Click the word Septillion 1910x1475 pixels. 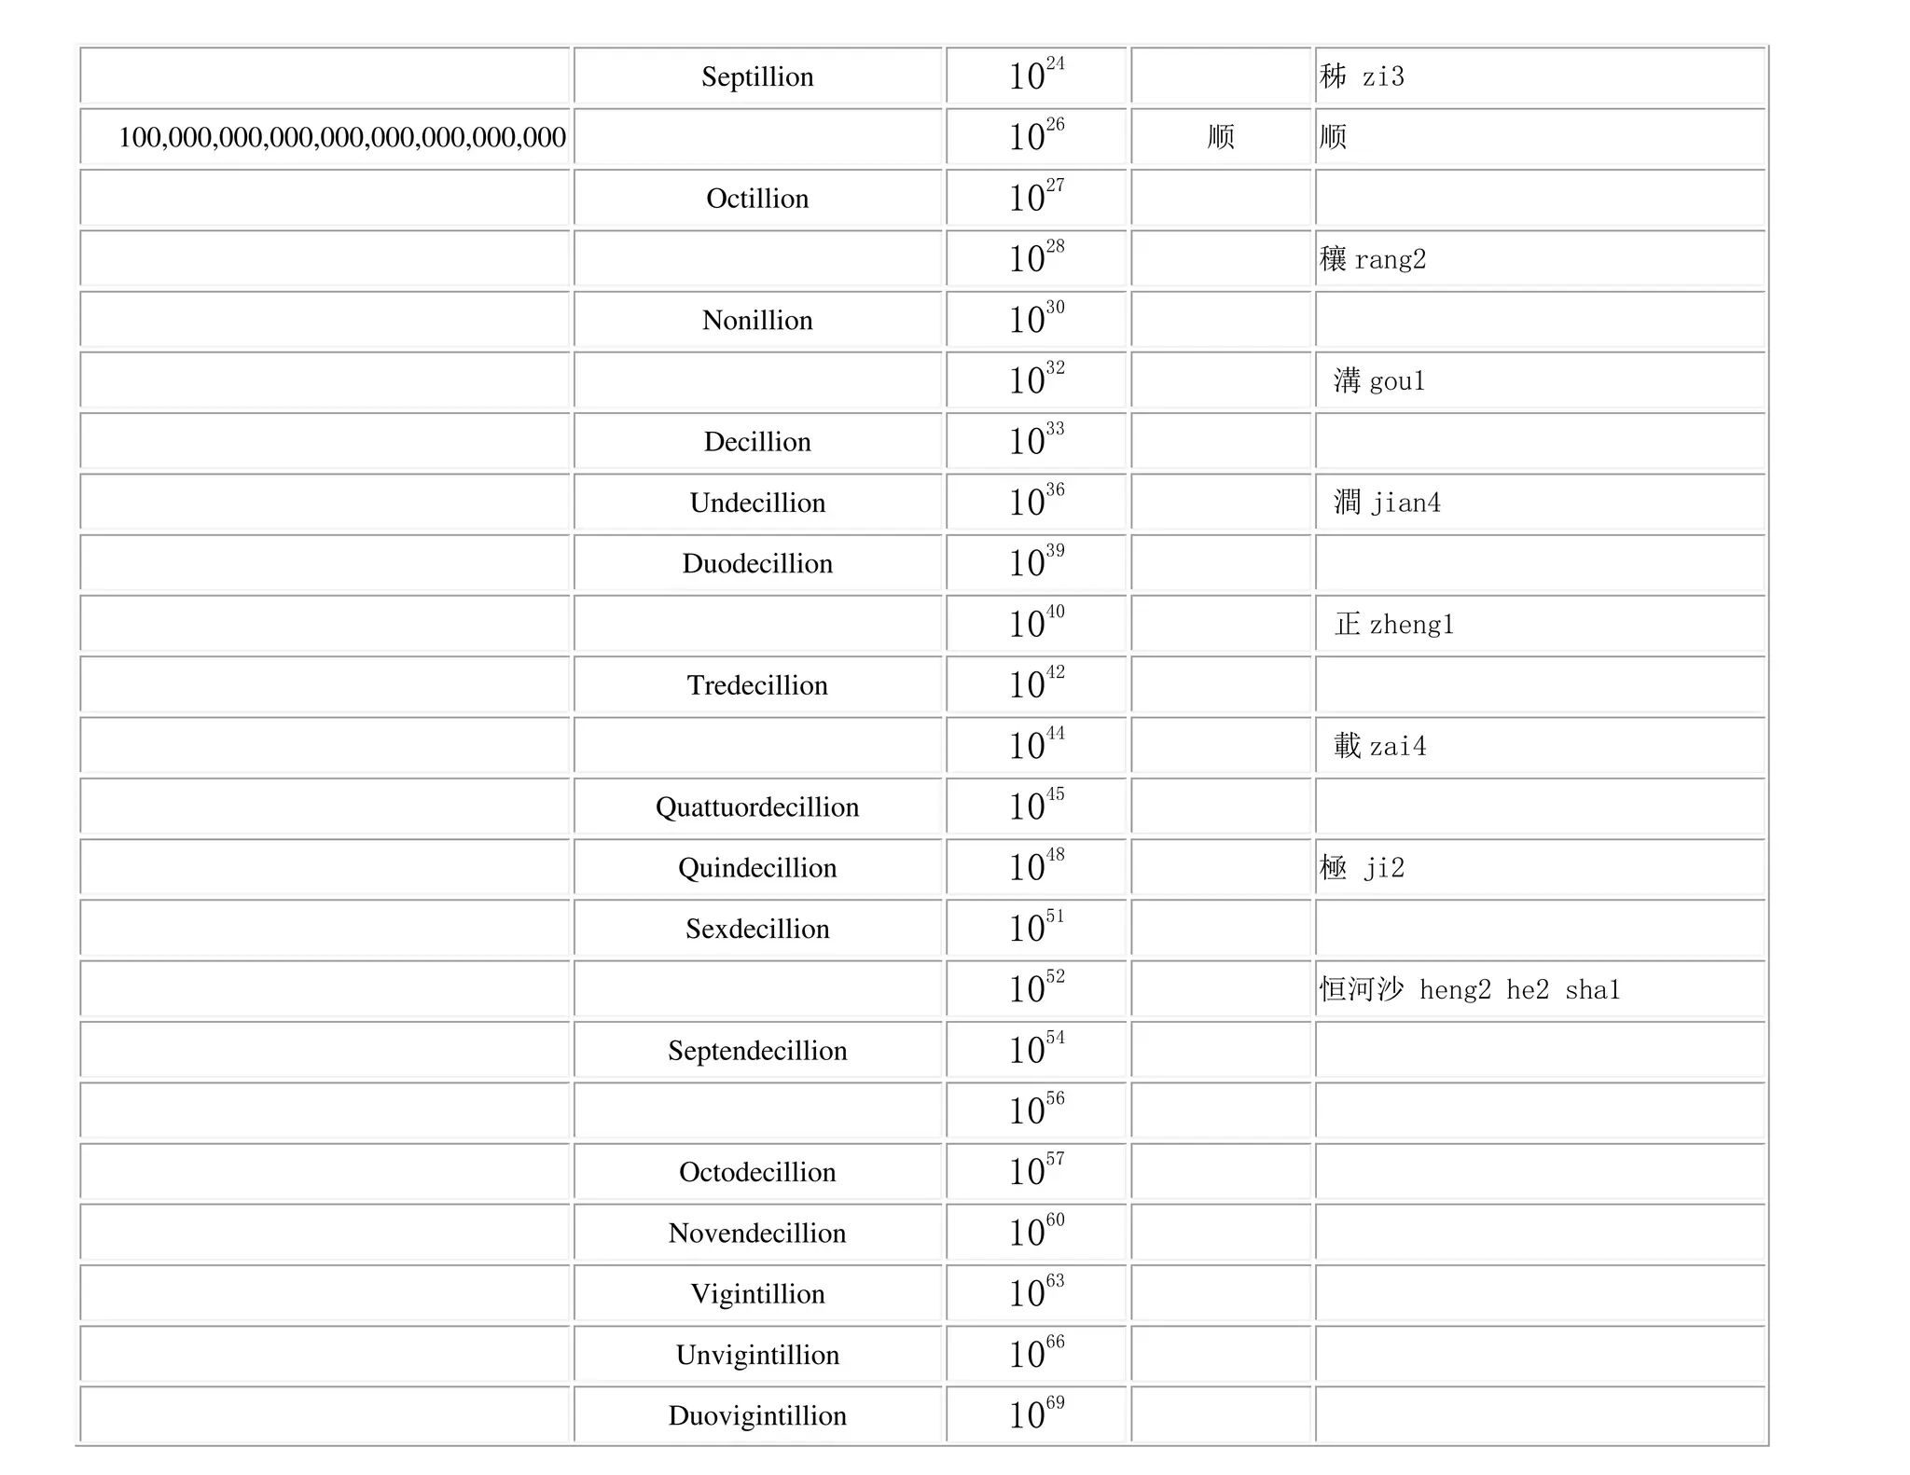(x=757, y=76)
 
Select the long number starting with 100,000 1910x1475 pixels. (x=341, y=137)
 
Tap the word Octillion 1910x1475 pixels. (x=757, y=199)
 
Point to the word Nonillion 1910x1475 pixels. (x=757, y=320)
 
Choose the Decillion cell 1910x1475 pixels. (x=757, y=442)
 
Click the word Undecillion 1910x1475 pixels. (x=757, y=503)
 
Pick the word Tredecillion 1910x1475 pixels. (x=757, y=685)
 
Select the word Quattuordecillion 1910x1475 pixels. (x=757, y=806)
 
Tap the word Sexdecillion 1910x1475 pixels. (x=757, y=929)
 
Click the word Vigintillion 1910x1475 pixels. (x=757, y=1294)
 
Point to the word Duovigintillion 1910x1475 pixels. (x=757, y=1415)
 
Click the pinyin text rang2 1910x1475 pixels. (x=1390, y=259)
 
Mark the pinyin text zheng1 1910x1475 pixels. (x=1411, y=625)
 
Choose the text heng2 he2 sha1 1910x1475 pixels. (x=1519, y=990)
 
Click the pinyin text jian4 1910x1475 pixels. (x=1405, y=503)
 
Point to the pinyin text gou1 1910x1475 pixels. (x=1397, y=381)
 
